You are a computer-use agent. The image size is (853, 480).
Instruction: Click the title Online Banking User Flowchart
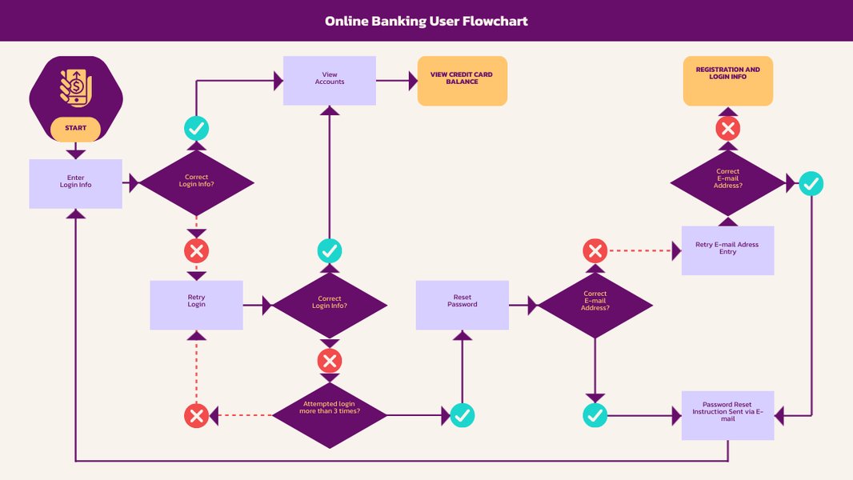426,21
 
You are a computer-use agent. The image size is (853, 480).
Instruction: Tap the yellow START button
76,129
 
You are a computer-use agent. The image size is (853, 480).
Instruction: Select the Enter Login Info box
76,183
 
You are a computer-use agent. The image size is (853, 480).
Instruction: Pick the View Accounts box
330,80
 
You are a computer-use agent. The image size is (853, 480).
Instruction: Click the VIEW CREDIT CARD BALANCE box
463,80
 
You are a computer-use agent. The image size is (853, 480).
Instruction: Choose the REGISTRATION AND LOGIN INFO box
728,80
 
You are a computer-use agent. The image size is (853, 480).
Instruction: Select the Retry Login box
196,305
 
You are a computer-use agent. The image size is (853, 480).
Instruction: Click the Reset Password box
462,305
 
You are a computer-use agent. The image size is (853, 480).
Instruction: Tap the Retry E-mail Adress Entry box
727,250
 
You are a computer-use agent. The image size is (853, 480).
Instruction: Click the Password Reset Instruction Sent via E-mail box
727,414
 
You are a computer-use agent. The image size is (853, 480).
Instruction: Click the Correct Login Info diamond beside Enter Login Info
196,183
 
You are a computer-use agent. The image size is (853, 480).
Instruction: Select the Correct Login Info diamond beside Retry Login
329,305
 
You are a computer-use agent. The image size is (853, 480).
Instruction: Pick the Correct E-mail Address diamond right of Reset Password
595,305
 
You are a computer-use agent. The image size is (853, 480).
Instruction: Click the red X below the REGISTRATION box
727,128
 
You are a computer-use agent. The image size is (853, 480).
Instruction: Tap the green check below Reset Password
462,414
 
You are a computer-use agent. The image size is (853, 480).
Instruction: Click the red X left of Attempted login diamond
196,414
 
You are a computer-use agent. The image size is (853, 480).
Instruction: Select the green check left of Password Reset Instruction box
595,414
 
